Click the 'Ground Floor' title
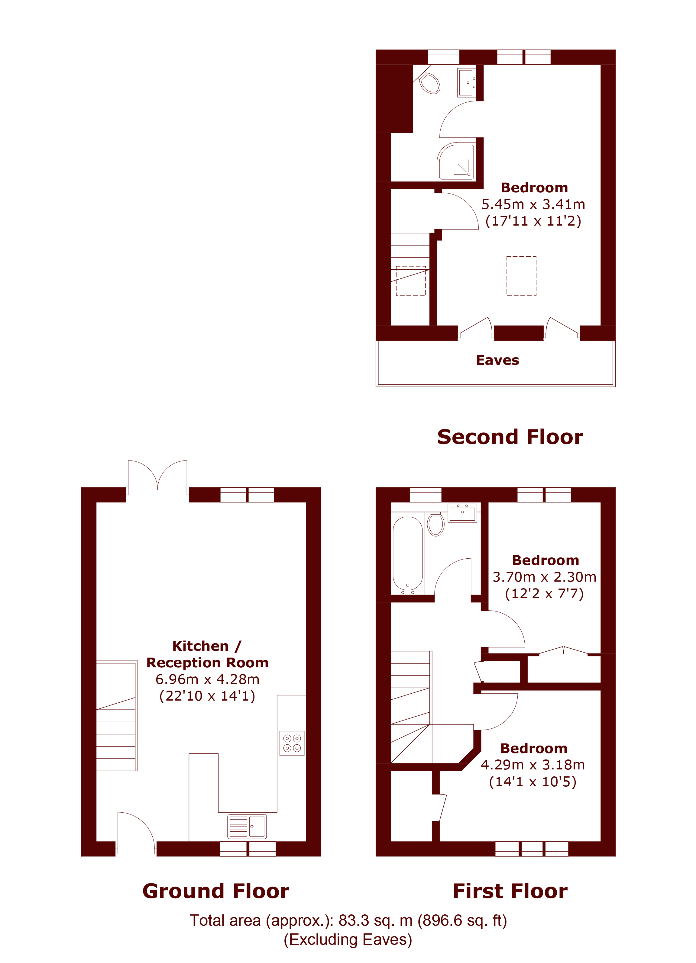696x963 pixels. (x=215, y=891)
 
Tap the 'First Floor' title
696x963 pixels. (x=510, y=891)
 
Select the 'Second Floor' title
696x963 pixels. (x=510, y=437)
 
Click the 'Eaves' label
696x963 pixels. (x=497, y=360)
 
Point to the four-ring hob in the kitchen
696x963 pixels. (x=292, y=743)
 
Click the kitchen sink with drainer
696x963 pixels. (x=247, y=826)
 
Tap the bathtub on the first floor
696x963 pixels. (x=407, y=554)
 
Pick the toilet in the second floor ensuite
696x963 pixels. (x=429, y=83)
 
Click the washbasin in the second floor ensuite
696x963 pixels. (x=467, y=83)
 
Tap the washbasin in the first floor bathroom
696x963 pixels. (x=462, y=513)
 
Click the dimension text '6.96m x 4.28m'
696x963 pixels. (x=207, y=679)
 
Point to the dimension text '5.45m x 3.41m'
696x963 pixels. (x=533, y=204)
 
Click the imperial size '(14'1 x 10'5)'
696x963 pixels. (x=533, y=782)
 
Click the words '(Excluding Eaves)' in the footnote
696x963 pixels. (x=348, y=940)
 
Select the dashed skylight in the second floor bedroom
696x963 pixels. (x=521, y=276)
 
